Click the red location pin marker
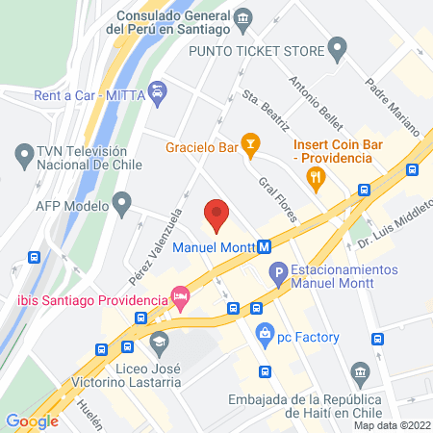click(217, 215)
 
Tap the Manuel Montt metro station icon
click(263, 247)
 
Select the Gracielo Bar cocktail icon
click(250, 145)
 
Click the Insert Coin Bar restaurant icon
click(314, 175)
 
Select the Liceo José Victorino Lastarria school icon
click(158, 341)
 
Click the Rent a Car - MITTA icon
click(160, 92)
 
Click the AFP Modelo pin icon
click(121, 204)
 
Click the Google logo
click(32, 420)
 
